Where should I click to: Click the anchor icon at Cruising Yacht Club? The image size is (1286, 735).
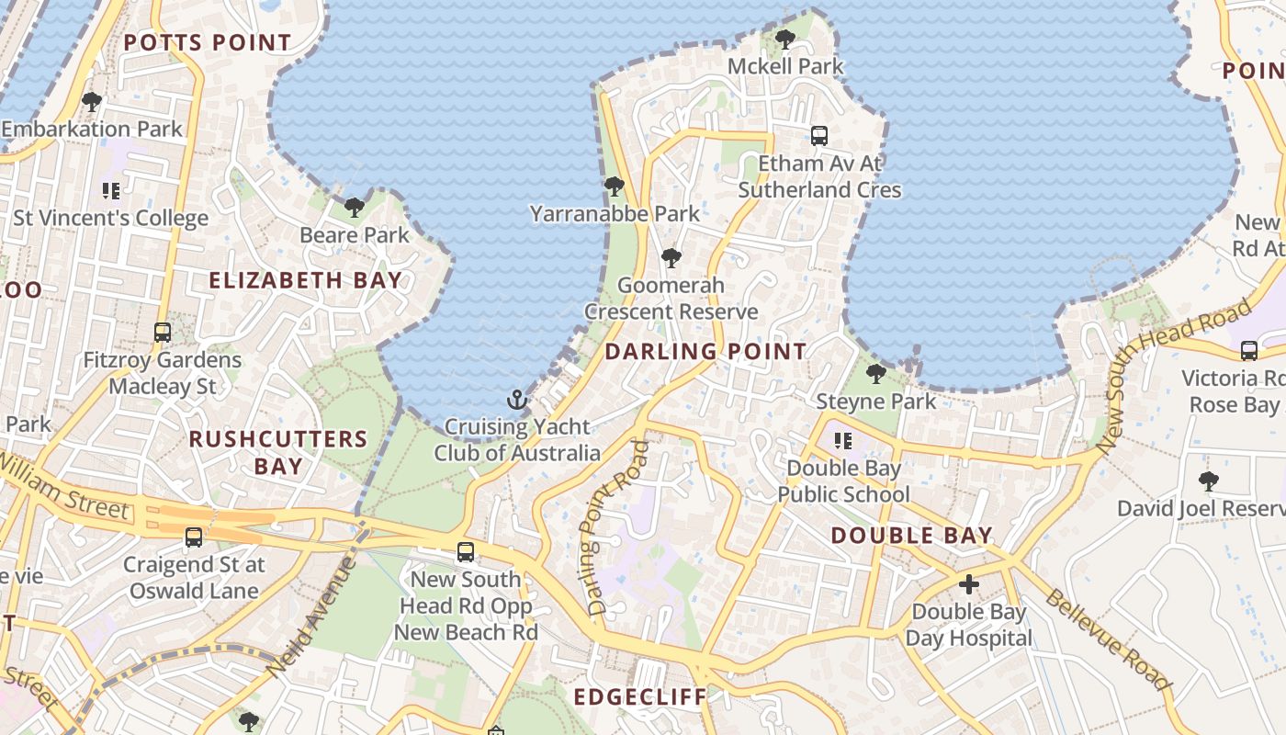click(518, 400)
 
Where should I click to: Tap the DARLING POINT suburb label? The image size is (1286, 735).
click(705, 351)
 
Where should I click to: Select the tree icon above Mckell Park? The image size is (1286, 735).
click(785, 39)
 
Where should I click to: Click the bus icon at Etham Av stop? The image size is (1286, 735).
click(819, 136)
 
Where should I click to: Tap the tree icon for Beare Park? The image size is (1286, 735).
click(355, 208)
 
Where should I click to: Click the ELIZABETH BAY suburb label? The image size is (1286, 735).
click(305, 280)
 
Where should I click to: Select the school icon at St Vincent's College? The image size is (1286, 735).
click(111, 191)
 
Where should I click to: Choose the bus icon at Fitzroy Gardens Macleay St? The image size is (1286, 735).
click(163, 333)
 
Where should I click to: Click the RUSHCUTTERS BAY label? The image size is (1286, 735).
click(278, 452)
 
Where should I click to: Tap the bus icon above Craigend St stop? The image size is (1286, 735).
click(194, 537)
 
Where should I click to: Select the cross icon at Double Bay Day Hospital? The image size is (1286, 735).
click(969, 584)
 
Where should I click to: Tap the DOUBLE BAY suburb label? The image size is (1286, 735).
click(912, 536)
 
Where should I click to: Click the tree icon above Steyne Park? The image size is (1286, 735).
click(876, 374)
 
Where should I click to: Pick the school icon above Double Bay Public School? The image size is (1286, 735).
click(842, 441)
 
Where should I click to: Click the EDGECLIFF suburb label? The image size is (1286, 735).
click(640, 696)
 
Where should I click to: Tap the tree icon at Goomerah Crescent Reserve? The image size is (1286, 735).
click(671, 257)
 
